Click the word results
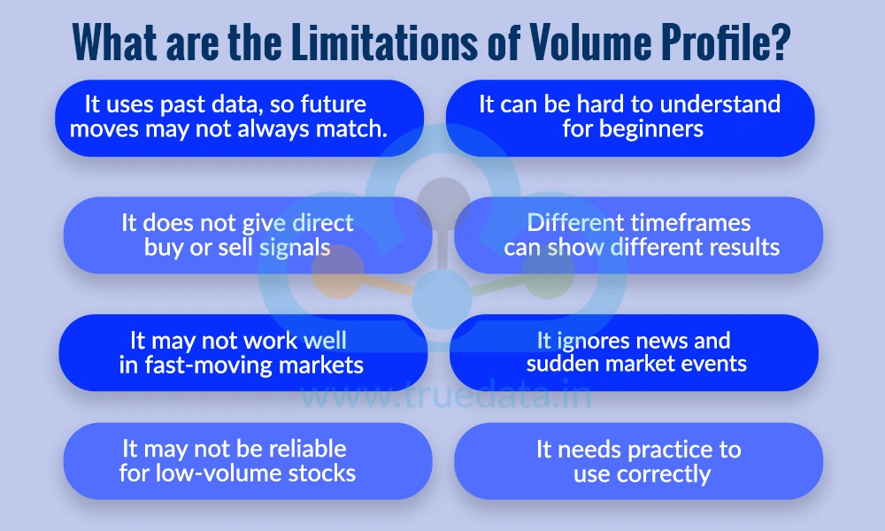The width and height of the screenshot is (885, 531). pos(742,247)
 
